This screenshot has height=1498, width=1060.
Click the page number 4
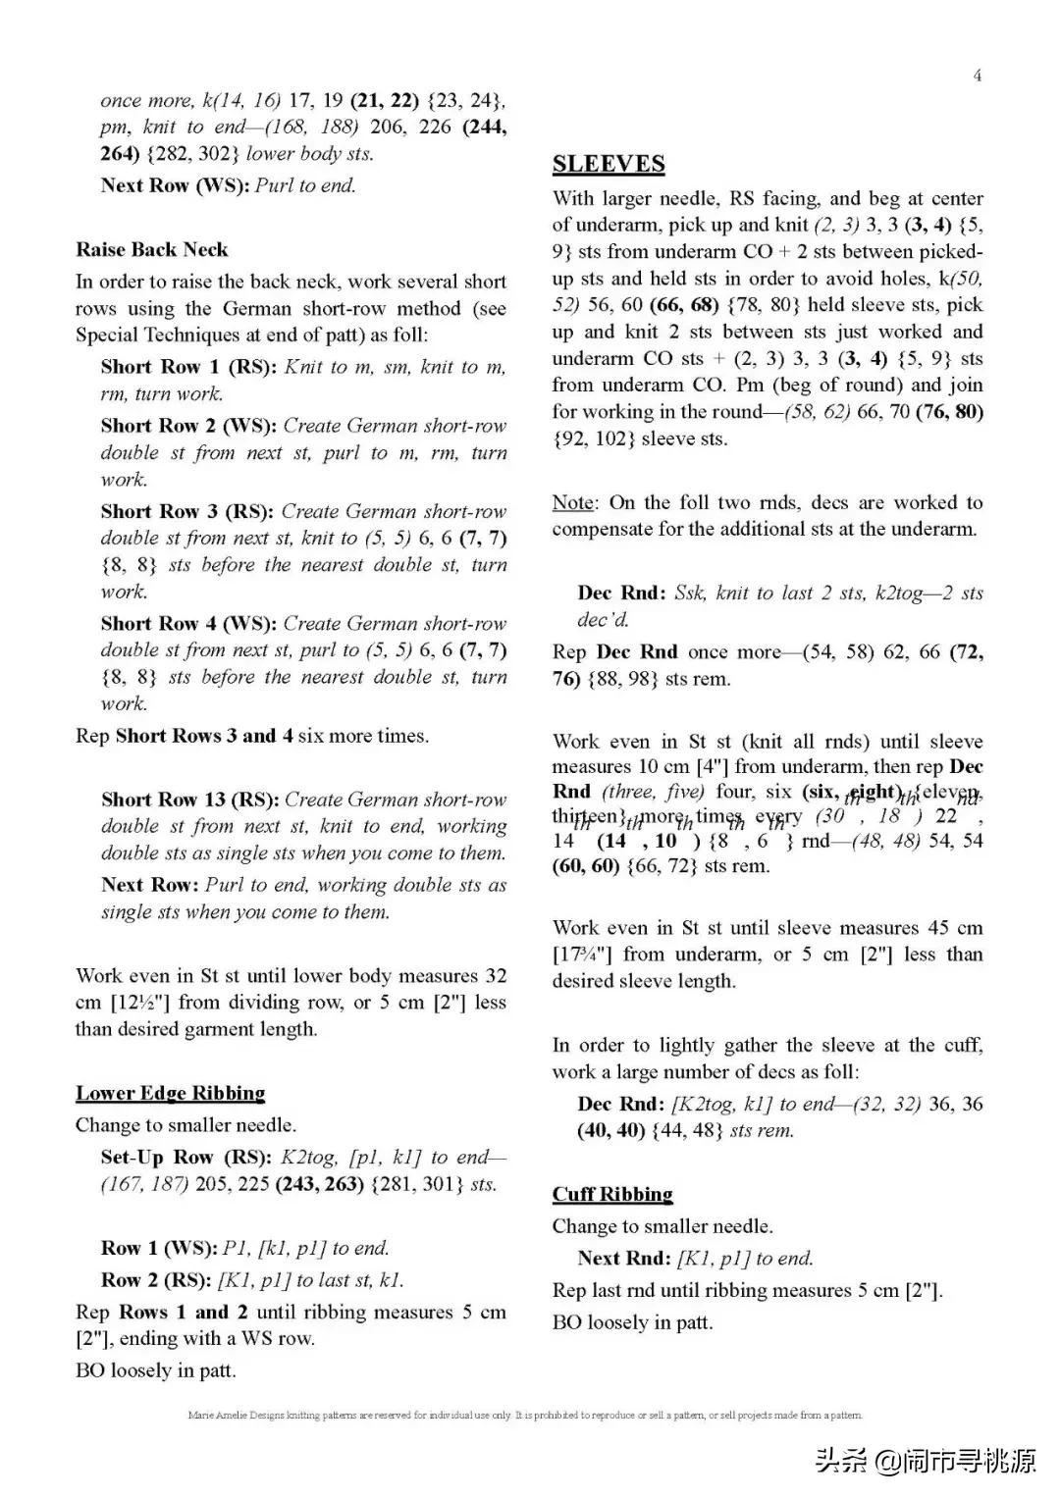977,76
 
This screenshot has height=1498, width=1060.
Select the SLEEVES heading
609,165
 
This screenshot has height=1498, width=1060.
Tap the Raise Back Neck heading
151,249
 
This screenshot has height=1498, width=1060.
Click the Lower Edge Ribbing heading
170,1093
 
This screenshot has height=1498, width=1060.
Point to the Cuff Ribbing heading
612,1194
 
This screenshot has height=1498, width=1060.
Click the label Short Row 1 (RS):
188,367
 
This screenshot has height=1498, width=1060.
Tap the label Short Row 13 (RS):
189,800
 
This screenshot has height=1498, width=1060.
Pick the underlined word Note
573,502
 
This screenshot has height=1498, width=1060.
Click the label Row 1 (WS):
159,1248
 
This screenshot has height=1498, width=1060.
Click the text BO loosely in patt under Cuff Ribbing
632,1322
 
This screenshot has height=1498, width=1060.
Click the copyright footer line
524,1415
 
